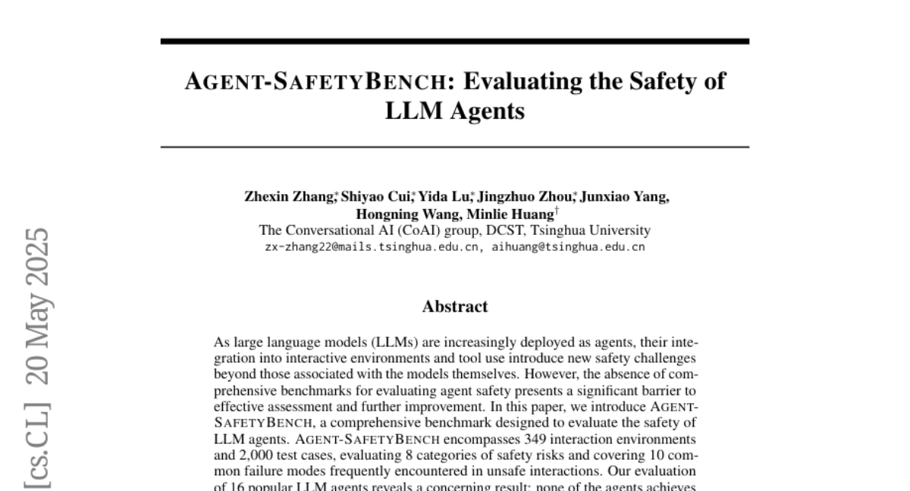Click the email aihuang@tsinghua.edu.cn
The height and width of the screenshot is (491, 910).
click(569, 247)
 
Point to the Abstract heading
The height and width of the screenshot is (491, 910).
click(455, 307)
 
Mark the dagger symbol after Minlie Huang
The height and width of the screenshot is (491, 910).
click(557, 211)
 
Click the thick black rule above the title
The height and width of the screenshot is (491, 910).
click(455, 42)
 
